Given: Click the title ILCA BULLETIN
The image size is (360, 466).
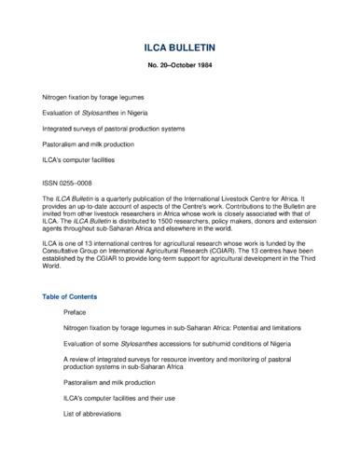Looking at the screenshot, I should [179, 46].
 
